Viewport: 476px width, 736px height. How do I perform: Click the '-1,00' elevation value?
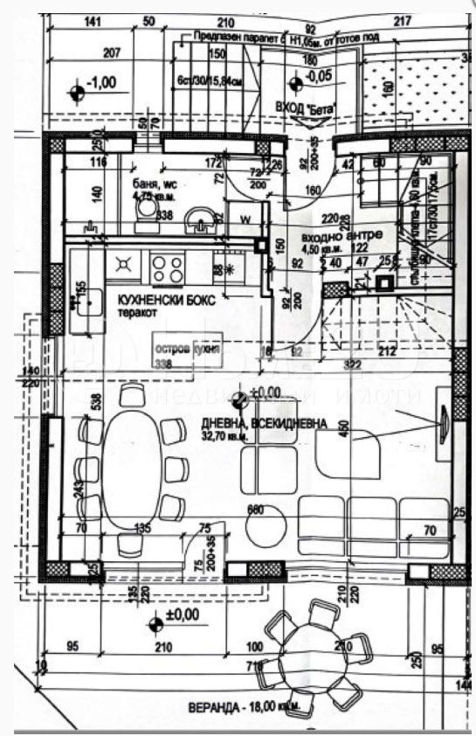pos(102,83)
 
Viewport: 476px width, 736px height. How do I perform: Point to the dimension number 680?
pos(255,509)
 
